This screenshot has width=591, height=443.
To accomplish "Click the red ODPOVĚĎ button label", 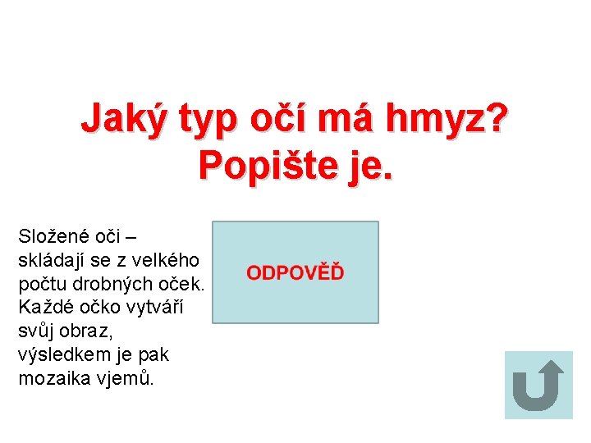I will point(295,272).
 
